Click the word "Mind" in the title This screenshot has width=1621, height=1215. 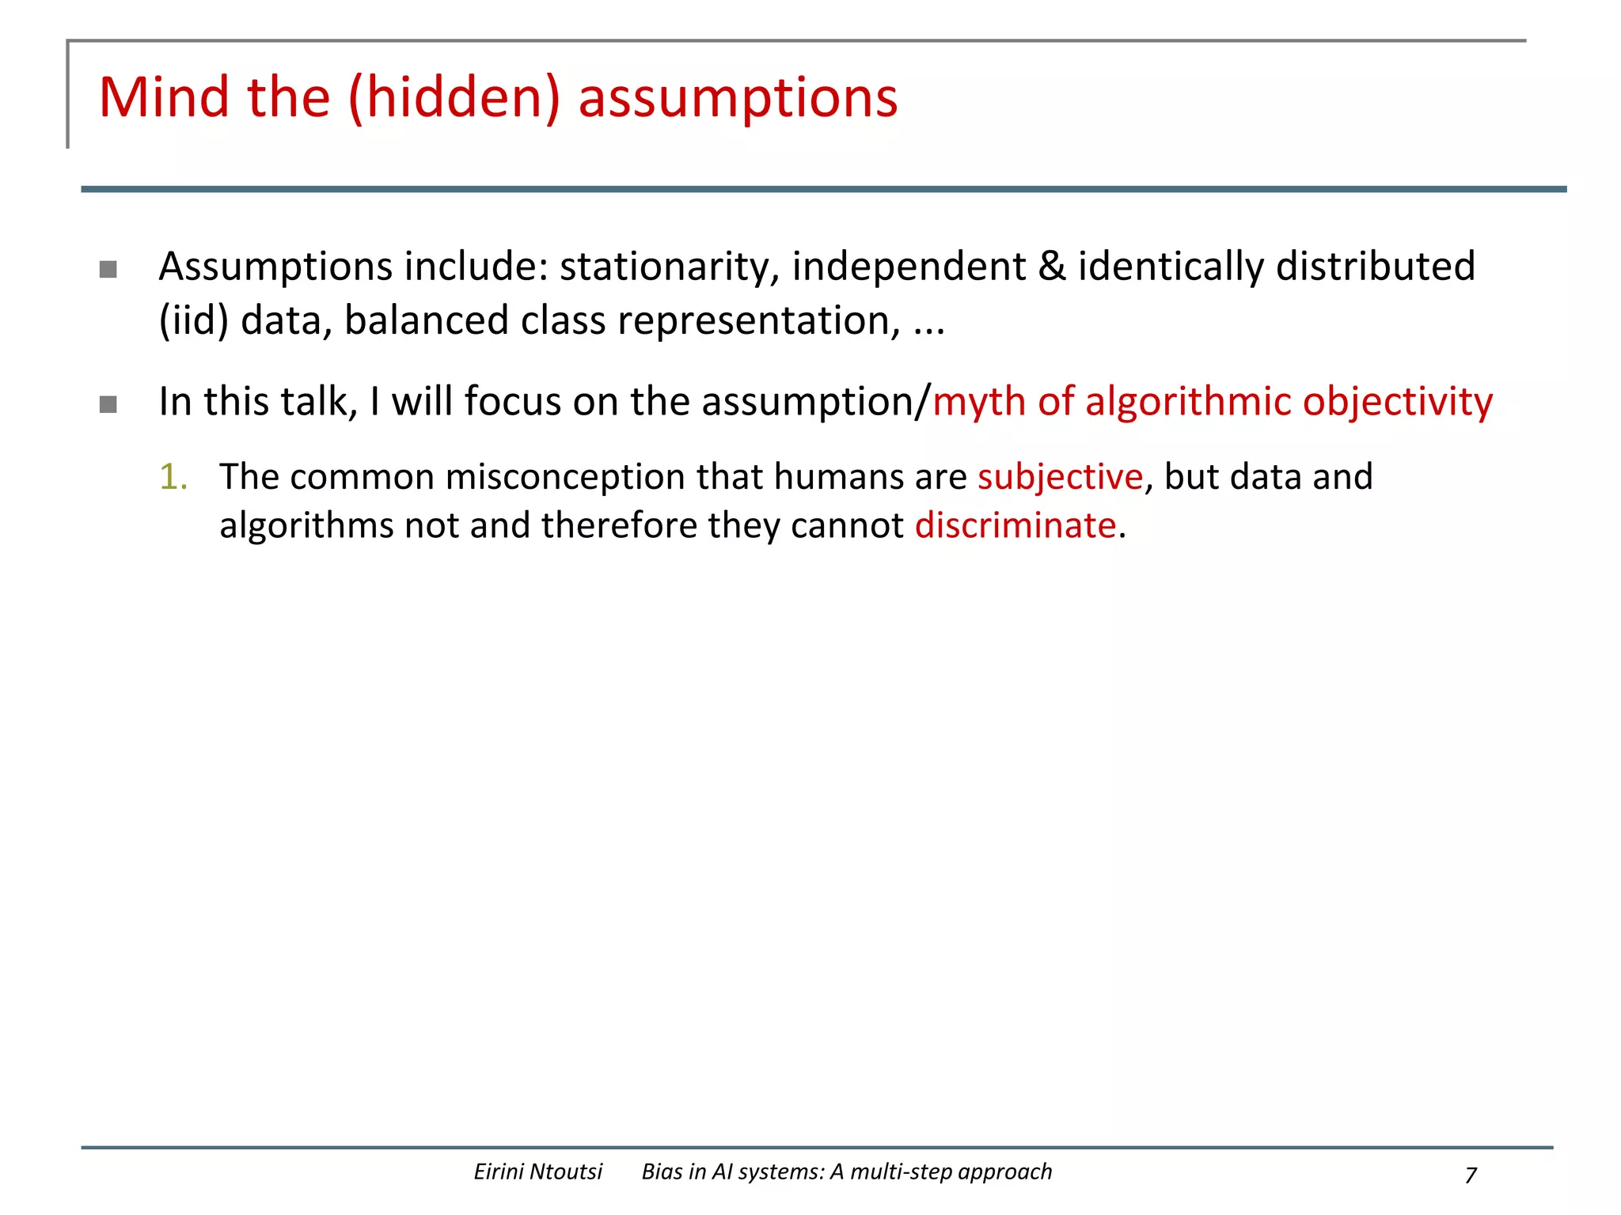(x=163, y=97)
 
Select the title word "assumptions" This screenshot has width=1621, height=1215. (x=738, y=99)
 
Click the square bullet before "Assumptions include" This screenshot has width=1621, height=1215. (x=108, y=270)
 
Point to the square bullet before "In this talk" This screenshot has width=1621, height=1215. (x=108, y=405)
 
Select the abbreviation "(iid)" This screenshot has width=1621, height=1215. (x=194, y=321)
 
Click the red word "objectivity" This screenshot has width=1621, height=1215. (x=1397, y=402)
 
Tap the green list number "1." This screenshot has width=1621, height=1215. (x=173, y=477)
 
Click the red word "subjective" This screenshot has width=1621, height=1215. (x=1060, y=477)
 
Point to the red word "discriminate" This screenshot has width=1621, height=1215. (x=1015, y=525)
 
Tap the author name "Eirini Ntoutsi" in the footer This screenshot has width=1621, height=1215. (x=537, y=1171)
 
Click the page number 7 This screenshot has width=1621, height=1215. (x=1471, y=1175)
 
